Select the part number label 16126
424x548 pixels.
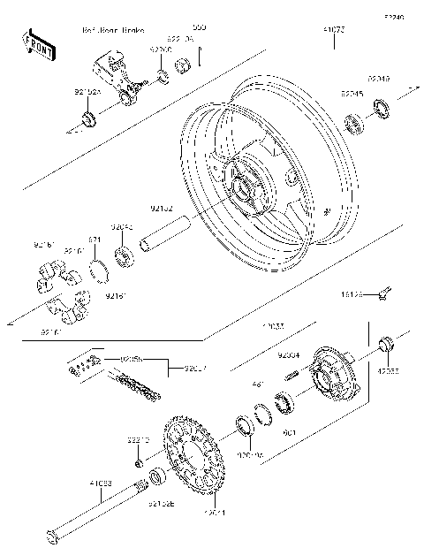coord(352,293)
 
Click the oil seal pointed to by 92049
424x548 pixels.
coord(382,109)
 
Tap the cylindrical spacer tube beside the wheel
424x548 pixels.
coord(162,240)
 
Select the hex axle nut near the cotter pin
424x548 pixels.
coord(181,65)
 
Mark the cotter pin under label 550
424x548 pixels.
coord(201,57)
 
